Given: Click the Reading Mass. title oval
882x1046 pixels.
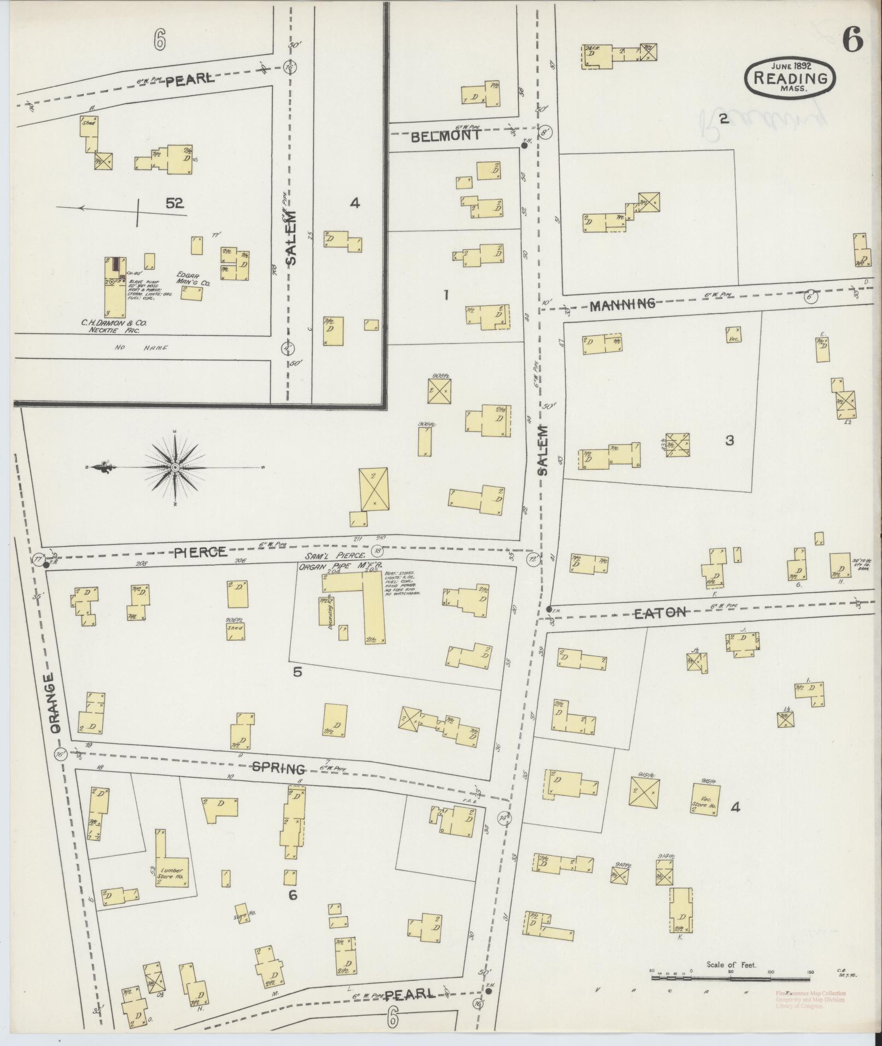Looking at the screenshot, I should coord(790,78).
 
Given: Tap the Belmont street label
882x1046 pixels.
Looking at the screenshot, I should coord(446,136).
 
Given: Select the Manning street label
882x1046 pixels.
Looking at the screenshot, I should coord(622,303).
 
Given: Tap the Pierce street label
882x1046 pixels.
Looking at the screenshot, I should coord(200,552).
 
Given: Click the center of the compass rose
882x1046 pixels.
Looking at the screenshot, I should coord(175,468).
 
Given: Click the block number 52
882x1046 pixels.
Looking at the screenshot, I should coord(174,203).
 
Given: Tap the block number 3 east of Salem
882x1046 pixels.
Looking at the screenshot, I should coord(729,440).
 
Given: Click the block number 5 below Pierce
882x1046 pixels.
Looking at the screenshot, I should coord(297,672).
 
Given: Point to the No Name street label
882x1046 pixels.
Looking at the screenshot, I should coord(141,347).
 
